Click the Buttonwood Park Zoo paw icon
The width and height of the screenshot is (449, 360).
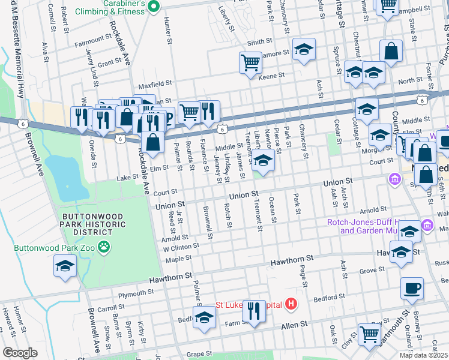(x=104, y=246)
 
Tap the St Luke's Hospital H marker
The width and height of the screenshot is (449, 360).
(x=291, y=304)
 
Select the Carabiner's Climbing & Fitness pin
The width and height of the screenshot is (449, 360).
(x=153, y=7)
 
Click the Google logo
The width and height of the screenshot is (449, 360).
(x=19, y=353)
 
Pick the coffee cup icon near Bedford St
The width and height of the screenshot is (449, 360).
(x=412, y=288)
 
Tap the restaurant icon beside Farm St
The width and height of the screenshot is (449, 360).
(x=254, y=310)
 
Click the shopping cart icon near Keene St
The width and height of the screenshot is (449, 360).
(x=250, y=62)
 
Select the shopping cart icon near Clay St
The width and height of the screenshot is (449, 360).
(x=369, y=334)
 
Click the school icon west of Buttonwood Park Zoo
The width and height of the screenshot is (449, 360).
(x=65, y=266)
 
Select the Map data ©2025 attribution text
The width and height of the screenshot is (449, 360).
(x=424, y=355)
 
